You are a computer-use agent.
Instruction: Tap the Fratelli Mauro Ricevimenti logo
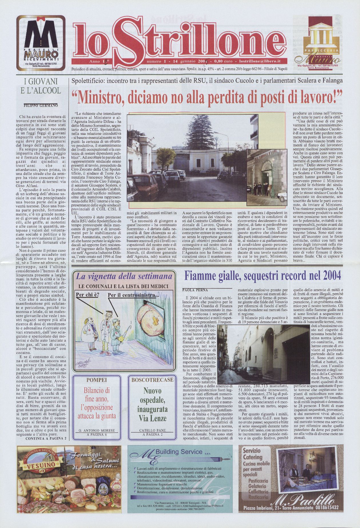pyautogui.click(x=41, y=43)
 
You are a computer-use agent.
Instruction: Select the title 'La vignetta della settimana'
pyautogui.click(x=124, y=276)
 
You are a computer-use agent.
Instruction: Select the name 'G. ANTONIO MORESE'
pyautogui.click(x=96, y=431)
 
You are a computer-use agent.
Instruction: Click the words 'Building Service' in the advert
pyautogui.click(x=179, y=452)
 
